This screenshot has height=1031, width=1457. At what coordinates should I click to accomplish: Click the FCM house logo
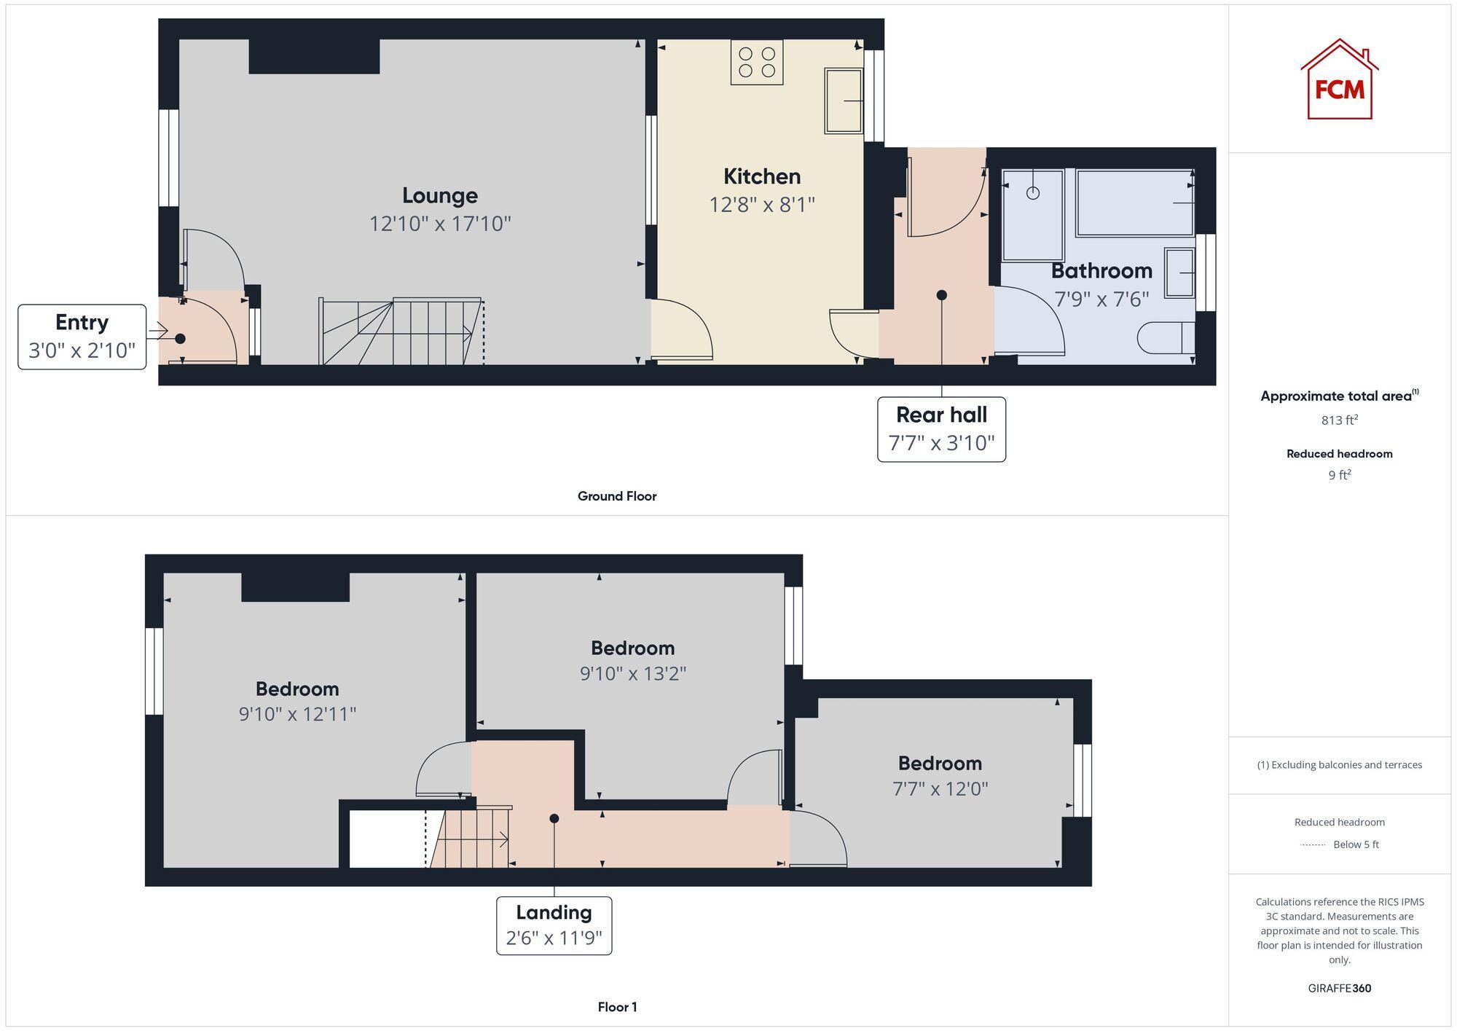click(1339, 80)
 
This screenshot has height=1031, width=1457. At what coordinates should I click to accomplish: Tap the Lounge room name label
click(440, 195)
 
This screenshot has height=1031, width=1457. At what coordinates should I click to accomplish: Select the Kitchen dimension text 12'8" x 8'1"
click(762, 205)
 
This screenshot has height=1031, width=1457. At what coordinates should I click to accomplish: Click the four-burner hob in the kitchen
click(757, 63)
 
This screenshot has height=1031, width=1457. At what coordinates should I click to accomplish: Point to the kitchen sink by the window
click(844, 101)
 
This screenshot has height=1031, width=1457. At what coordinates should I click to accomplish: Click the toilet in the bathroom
click(1166, 338)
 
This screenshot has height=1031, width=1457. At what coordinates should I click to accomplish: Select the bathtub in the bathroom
click(1134, 203)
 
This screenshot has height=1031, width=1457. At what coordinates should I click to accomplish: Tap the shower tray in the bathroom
click(1032, 215)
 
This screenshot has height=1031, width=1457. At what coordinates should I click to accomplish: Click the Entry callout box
click(82, 337)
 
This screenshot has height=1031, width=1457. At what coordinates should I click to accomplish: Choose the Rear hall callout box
click(941, 429)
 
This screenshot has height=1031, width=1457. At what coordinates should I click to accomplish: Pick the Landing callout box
click(554, 925)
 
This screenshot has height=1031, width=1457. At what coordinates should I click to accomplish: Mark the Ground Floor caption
click(617, 496)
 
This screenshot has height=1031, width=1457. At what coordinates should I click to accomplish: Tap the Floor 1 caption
click(617, 1007)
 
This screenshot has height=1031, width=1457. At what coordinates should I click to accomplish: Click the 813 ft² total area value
click(1339, 420)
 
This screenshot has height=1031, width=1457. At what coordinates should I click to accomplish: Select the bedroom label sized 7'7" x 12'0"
click(940, 764)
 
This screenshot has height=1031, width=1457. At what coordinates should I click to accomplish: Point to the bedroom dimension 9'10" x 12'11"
click(297, 714)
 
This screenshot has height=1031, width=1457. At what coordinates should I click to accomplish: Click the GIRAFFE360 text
click(1339, 989)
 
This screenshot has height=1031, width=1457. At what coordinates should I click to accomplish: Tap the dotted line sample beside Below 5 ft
click(1313, 845)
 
